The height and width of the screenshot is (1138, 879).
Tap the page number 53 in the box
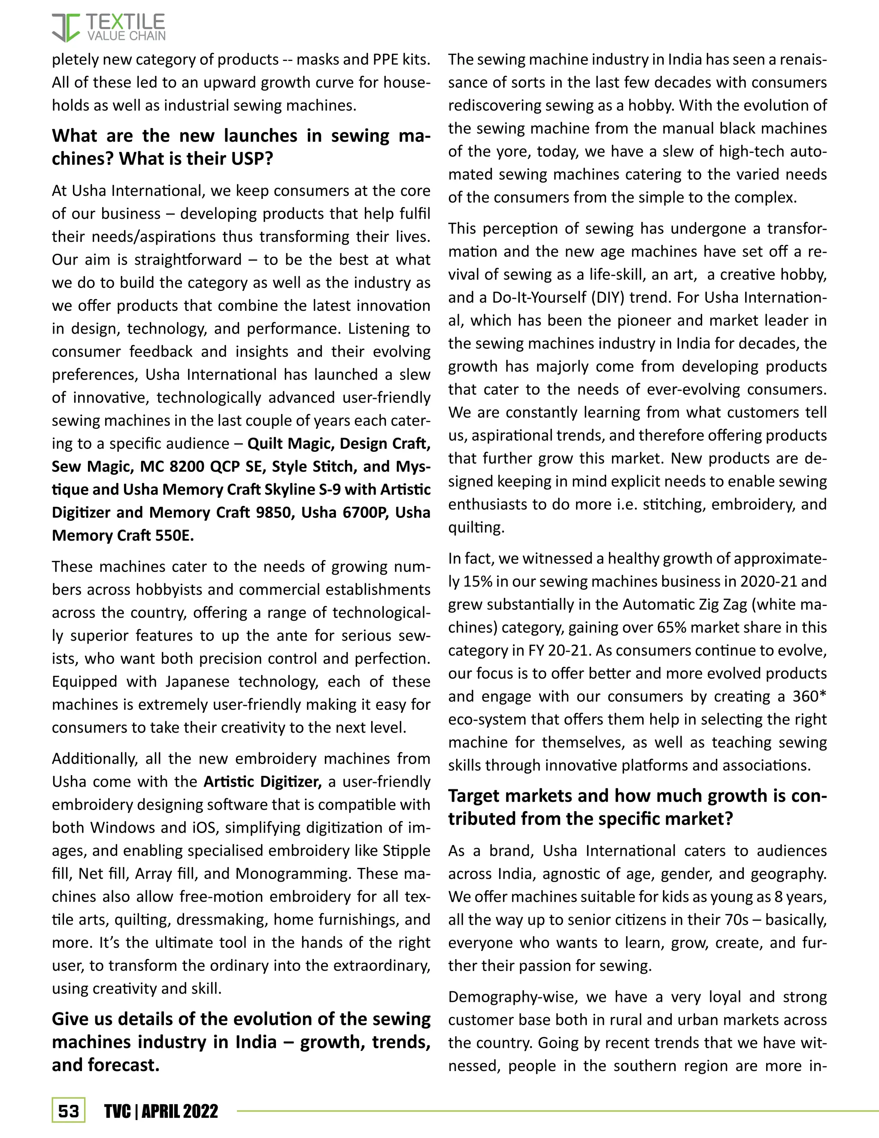(x=68, y=1111)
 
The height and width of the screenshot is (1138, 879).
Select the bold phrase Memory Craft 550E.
(x=122, y=536)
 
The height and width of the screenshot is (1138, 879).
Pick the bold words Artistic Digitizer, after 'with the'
(x=262, y=782)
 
